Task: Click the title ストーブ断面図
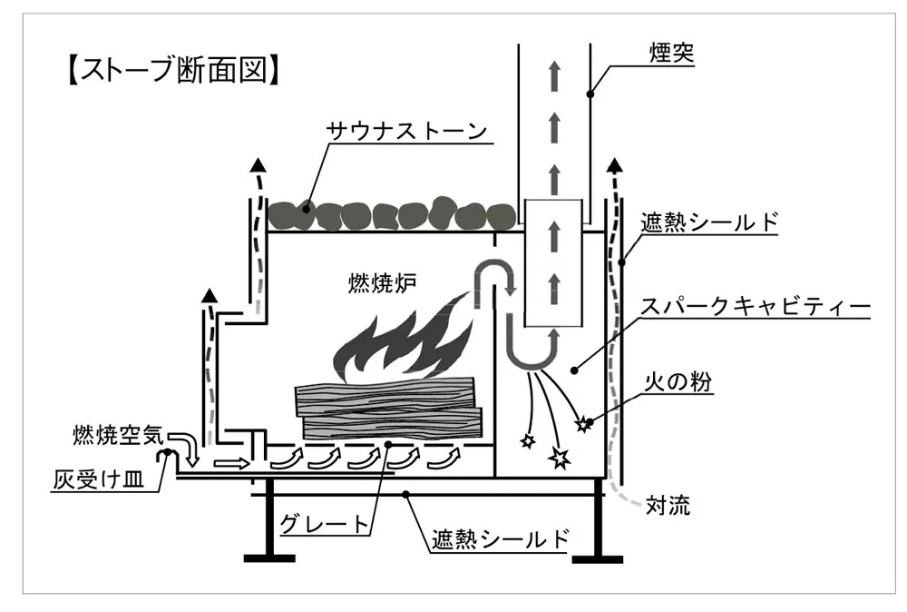click(x=173, y=70)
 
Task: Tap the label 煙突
click(x=671, y=54)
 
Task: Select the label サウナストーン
click(x=406, y=130)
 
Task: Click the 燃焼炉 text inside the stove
click(x=382, y=283)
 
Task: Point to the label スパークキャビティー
click(x=755, y=306)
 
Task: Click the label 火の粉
click(x=678, y=382)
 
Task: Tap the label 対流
click(x=668, y=505)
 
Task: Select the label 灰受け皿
click(x=98, y=479)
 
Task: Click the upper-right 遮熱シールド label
click(x=709, y=222)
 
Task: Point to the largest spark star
click(x=560, y=458)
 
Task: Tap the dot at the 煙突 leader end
click(x=590, y=94)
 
